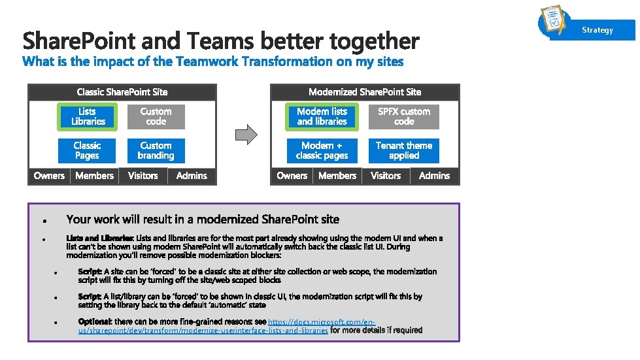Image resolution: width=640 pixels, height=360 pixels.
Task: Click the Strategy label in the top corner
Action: tap(598, 30)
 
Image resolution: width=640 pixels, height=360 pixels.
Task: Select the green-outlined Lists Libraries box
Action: tap(88, 117)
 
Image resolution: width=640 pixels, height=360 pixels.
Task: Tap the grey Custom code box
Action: tap(156, 117)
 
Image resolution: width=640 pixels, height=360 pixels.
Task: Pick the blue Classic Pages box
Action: tap(87, 151)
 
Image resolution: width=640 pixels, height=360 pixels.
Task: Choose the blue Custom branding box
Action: tap(156, 151)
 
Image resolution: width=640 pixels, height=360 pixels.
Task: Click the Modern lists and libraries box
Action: tap(322, 117)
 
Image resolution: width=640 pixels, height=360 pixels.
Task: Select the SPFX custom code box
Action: tap(404, 117)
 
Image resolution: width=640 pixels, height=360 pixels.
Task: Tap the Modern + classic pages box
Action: tap(322, 151)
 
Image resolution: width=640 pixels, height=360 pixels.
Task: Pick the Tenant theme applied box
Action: tap(404, 151)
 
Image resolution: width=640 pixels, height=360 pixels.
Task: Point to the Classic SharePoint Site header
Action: tap(122, 92)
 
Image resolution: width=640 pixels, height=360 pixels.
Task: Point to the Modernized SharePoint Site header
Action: tap(365, 92)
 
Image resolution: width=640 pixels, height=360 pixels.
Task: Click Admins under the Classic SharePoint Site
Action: tap(192, 176)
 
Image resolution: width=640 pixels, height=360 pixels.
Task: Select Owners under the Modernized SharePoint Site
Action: tap(292, 176)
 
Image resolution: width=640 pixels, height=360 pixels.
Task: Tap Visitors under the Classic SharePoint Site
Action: tap(143, 176)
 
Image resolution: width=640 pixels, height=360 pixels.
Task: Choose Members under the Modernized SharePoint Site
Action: tap(337, 176)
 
